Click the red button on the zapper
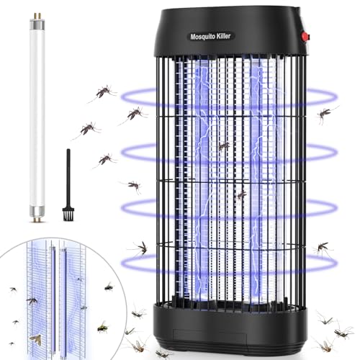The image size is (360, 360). pyautogui.click(x=305, y=37)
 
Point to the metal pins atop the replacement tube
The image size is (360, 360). pyautogui.click(x=37, y=15)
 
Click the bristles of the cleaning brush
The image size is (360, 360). pyautogui.click(x=68, y=214)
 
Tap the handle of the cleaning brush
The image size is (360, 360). pyautogui.click(x=68, y=179)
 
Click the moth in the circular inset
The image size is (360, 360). pyautogui.click(x=35, y=339)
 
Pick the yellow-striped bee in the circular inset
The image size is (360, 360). pyautogui.click(x=103, y=328)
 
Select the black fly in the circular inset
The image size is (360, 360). pyautogui.click(x=109, y=287)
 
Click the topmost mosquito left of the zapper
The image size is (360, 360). pyautogui.click(x=102, y=92)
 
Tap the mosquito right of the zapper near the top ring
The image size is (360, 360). pyautogui.click(x=325, y=113)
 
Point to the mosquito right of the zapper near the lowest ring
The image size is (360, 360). pyautogui.click(x=323, y=248)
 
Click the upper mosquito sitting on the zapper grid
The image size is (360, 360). pyautogui.click(x=224, y=145)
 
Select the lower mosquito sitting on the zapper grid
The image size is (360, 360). pyautogui.click(x=241, y=195)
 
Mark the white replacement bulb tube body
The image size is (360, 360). pyautogui.click(x=37, y=113)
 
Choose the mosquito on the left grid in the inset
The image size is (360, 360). pyautogui.click(x=32, y=300)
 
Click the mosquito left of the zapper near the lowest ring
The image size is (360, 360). pyautogui.click(x=142, y=248)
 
